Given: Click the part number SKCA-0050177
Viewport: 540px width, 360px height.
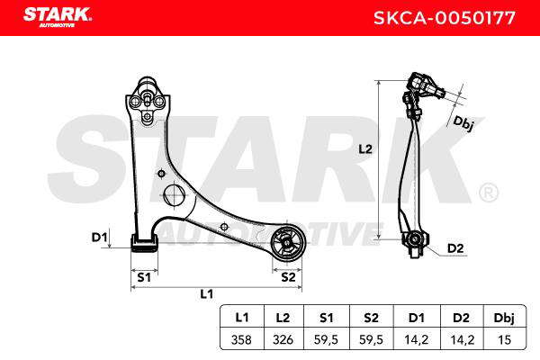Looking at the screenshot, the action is coord(445,18).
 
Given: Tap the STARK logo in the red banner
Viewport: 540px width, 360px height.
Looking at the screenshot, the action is coord(58,17).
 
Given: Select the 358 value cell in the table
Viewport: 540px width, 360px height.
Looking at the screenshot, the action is coord(241,339).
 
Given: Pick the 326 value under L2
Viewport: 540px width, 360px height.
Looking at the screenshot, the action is coord(283,339).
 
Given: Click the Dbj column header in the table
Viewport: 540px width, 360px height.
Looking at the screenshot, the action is coord(504,318).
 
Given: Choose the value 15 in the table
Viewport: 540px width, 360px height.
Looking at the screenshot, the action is coord(504,339).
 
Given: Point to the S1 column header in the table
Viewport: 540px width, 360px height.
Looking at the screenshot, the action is coord(326,318).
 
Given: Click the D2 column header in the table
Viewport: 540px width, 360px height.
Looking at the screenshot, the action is coord(461,318).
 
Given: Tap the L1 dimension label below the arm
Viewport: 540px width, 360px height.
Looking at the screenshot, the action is coord(207,294).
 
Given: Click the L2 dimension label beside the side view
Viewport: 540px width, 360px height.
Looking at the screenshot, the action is coord(365,149).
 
